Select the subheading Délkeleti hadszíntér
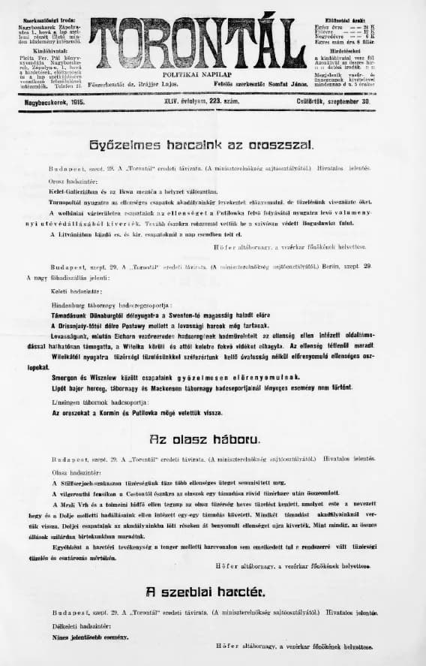tap(83, 626)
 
